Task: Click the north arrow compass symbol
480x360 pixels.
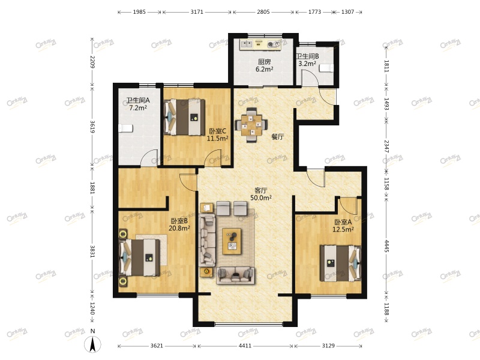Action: (x=93, y=344)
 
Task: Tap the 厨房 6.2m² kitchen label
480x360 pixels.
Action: (x=265, y=65)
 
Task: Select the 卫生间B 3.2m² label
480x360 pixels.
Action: (x=307, y=60)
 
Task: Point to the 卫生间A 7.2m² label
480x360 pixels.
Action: (x=138, y=104)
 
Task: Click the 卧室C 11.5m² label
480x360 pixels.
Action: (x=218, y=134)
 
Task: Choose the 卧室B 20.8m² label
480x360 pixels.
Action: (x=179, y=224)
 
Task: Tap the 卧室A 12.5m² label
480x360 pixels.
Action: (x=343, y=226)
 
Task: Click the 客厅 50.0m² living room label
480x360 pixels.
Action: (x=261, y=194)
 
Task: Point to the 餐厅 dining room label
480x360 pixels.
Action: (x=278, y=137)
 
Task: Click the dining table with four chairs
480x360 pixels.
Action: (x=251, y=125)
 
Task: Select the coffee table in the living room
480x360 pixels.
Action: (x=232, y=241)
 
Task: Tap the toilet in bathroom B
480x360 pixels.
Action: (x=326, y=68)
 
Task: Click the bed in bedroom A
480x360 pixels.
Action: (x=341, y=263)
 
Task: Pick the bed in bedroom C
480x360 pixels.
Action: (x=185, y=117)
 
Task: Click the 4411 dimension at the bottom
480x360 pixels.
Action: (x=245, y=346)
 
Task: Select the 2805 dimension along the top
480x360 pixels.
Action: (x=263, y=12)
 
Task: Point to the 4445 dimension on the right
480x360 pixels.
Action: (x=386, y=246)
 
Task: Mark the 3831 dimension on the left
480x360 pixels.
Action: (x=92, y=251)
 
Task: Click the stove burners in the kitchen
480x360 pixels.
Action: (x=274, y=44)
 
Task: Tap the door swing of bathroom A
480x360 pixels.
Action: (x=149, y=158)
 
